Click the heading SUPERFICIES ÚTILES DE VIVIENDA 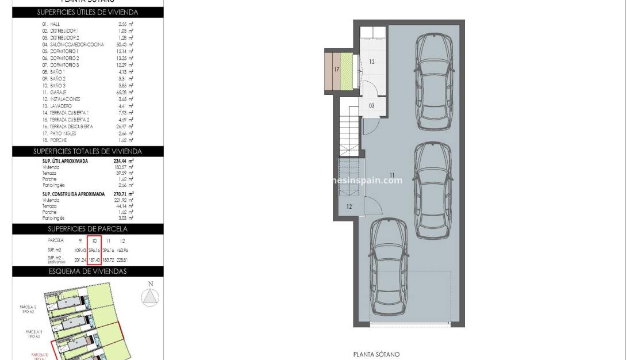pyautogui.click(x=87, y=12)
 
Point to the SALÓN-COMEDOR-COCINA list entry pyautogui.click(x=73, y=44)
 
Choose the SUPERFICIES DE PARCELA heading pyautogui.click(x=87, y=229)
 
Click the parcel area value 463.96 pyautogui.click(x=122, y=250)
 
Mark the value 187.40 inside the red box pyautogui.click(x=94, y=261)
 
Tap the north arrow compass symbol pyautogui.click(x=151, y=296)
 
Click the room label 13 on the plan pyautogui.click(x=372, y=62)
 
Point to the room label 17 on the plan pyautogui.click(x=336, y=70)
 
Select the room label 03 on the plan pyautogui.click(x=372, y=105)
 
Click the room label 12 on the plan pyautogui.click(x=349, y=206)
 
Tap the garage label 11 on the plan pyautogui.click(x=392, y=174)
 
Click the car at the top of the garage pyautogui.click(x=436, y=82)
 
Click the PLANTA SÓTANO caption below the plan pyautogui.click(x=376, y=355)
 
